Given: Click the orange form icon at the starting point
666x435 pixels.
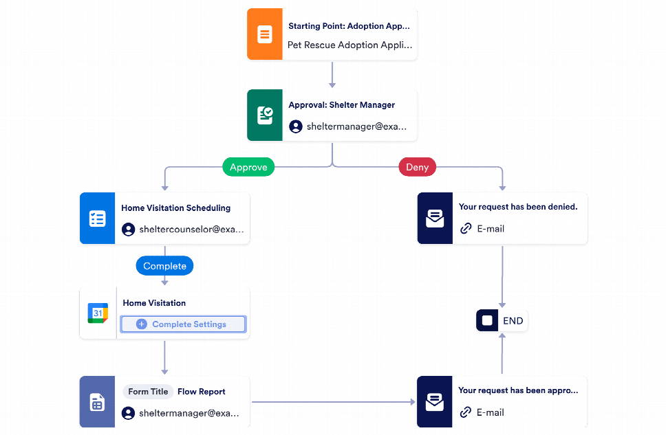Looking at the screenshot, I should [x=264, y=34].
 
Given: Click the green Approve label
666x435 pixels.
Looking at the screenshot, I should [x=248, y=167].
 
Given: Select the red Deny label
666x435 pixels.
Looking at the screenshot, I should [x=417, y=167].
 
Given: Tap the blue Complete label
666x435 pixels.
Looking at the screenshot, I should [x=164, y=266].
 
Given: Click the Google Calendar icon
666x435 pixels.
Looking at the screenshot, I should [x=98, y=313].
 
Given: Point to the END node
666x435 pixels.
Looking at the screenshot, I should [x=502, y=321].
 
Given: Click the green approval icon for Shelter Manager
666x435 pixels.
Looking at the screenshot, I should [x=264, y=115].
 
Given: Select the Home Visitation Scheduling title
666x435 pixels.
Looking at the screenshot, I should [x=175, y=208].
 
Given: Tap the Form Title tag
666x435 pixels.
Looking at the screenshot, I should [x=148, y=392].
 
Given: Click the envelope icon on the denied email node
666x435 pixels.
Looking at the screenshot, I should [x=434, y=219].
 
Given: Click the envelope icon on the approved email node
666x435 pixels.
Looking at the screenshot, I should [x=434, y=402].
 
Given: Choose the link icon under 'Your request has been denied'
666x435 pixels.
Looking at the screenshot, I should [x=466, y=229].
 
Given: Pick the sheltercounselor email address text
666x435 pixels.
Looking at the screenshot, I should [x=191, y=230].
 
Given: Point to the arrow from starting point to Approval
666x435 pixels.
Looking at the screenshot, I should [x=332, y=75].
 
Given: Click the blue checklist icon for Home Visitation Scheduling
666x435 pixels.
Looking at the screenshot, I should [x=97, y=219].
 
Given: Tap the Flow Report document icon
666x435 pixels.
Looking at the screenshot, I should [x=97, y=402].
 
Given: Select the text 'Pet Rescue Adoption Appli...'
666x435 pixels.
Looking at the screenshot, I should [x=350, y=45].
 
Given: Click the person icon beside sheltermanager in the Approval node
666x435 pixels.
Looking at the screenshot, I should [x=296, y=126].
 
